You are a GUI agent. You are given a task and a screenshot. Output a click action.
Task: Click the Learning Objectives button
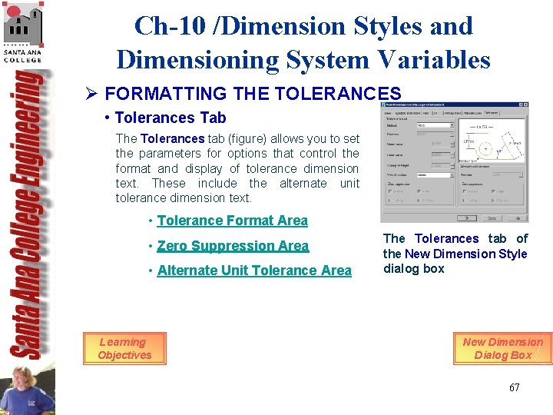pyautogui.click(x=124, y=348)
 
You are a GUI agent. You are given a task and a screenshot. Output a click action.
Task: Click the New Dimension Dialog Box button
pyautogui.click(x=502, y=348)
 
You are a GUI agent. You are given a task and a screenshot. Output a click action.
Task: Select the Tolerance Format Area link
pyautogui.click(x=232, y=221)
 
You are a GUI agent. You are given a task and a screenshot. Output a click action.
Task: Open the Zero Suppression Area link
pyautogui.click(x=233, y=246)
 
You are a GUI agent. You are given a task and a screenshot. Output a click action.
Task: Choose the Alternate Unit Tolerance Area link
pyautogui.click(x=254, y=271)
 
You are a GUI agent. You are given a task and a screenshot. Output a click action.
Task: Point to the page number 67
pyautogui.click(x=514, y=387)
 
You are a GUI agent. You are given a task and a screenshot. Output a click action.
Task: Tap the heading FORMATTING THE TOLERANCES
pyautogui.click(x=253, y=94)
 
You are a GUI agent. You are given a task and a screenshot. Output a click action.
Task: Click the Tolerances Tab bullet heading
pyautogui.click(x=170, y=118)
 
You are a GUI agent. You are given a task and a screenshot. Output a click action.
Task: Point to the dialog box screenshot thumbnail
pyautogui.click(x=454, y=161)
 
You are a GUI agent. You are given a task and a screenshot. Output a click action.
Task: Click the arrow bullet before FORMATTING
pyautogui.click(x=91, y=94)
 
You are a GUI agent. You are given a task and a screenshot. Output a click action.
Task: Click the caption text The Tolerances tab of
pyautogui.click(x=455, y=238)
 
